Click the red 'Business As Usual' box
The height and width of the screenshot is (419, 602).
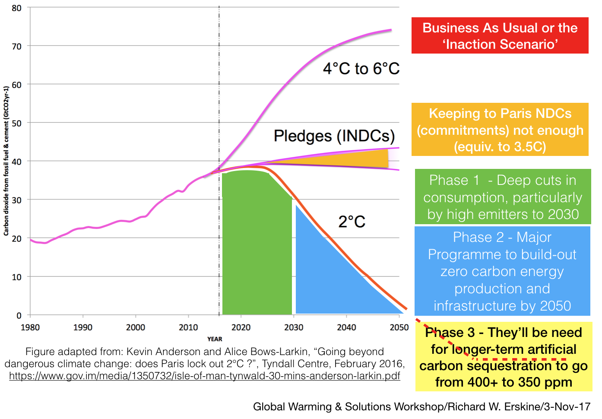tap(500, 35)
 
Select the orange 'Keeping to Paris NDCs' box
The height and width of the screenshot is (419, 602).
tap(500, 130)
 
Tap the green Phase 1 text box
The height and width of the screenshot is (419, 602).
tap(503, 197)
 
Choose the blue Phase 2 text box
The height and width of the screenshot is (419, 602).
tap(502, 271)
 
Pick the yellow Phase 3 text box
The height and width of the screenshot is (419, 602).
tap(504, 357)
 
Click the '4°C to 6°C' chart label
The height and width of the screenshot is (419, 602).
tap(361, 69)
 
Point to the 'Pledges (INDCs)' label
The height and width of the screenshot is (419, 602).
tap(334, 136)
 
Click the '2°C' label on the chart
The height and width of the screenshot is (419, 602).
tap(352, 222)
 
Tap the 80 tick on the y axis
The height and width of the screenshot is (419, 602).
tap(16, 8)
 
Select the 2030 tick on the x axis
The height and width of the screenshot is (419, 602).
tap(294, 327)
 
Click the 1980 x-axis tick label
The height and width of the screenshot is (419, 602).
tap(30, 327)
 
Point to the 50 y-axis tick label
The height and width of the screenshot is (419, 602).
tap(16, 123)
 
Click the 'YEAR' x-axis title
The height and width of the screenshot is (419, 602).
tap(215, 339)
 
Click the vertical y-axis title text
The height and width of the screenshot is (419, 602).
tap(6, 161)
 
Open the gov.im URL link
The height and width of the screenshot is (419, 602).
tap(204, 376)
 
